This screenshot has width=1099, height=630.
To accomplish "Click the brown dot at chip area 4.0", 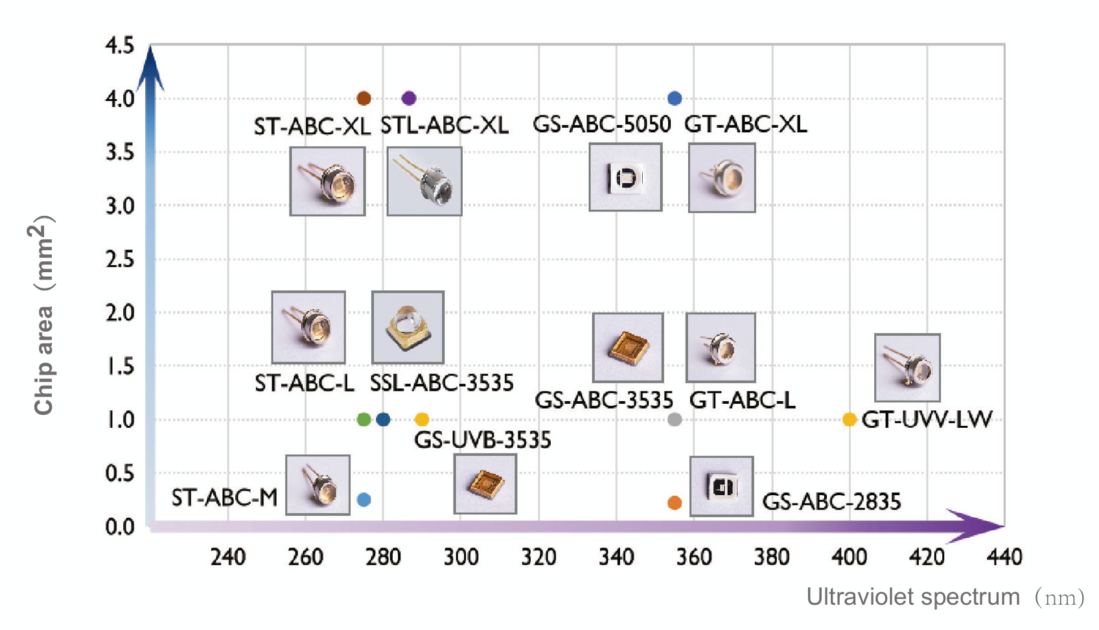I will coord(364,99).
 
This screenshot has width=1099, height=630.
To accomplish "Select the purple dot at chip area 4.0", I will coord(408,99).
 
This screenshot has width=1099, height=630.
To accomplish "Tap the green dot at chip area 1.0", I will coord(364,419).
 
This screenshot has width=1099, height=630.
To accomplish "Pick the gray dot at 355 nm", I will coord(675,419).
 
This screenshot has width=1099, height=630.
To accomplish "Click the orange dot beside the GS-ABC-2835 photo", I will coord(675,503).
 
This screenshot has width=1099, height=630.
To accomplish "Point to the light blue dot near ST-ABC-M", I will coord(364,500).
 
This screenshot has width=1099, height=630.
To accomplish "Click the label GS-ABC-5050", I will coord(601,124).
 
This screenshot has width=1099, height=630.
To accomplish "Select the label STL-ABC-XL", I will coord(445,125).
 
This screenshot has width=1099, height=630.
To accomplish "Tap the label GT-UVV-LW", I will coord(927,420).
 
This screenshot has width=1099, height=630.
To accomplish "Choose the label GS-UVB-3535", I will coord(483,440).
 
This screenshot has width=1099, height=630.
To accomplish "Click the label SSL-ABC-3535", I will coord(441,383).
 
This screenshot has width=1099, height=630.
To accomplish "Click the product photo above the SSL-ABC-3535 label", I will coord(408,327).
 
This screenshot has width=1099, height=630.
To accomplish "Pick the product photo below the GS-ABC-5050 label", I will coord(625,178).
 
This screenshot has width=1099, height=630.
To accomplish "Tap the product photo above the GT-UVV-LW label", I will coord(907,367).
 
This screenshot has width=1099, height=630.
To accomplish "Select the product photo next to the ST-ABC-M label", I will coord(318,485).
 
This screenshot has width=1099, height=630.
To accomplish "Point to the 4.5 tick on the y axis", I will coord(120,46).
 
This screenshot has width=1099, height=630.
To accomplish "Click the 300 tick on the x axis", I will coord(461,557).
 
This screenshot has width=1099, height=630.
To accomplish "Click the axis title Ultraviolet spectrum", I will coord(913,597).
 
